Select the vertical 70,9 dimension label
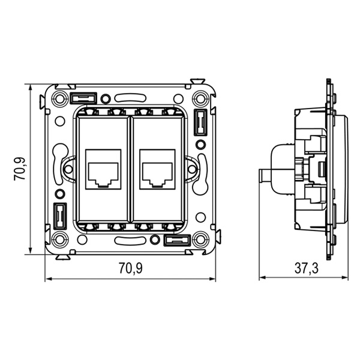pos(19,169)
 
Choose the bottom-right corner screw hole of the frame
pos(200,240)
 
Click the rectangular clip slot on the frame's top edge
pos(83,97)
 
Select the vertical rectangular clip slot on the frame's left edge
pos(59,217)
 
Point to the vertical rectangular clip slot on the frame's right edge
pos(200,122)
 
